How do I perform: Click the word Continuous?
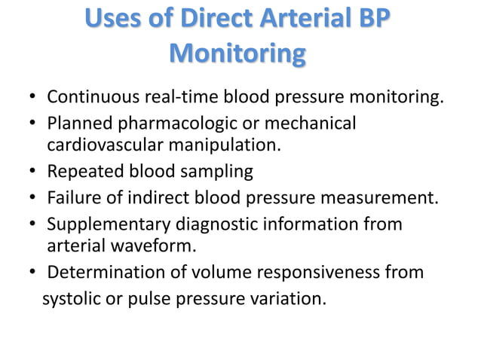tap(89, 98)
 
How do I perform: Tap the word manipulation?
tap(230, 143)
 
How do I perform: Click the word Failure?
tap(72, 198)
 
